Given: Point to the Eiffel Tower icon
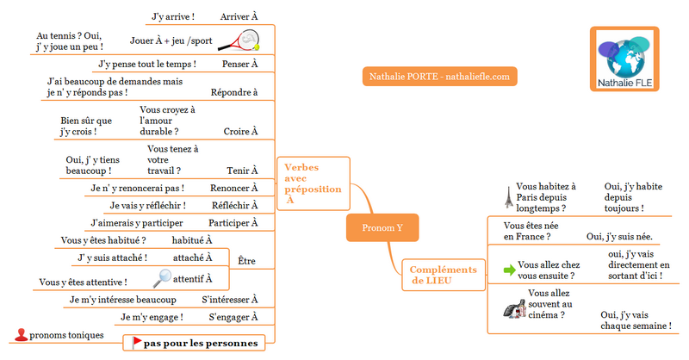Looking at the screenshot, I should [508, 198].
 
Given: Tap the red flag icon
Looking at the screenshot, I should [136, 343].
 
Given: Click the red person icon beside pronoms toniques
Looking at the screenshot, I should [21, 335].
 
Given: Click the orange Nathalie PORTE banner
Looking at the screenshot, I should [438, 76].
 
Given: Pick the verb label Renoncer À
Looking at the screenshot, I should [234, 188].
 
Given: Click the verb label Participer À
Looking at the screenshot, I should [234, 223].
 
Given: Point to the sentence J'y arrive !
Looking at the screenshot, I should [173, 16].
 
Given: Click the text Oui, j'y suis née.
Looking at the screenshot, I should [619, 237].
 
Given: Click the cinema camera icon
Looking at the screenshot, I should [514, 308].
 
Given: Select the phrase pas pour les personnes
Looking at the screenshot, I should [201, 343].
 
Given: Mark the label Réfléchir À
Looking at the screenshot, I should [235, 205].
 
